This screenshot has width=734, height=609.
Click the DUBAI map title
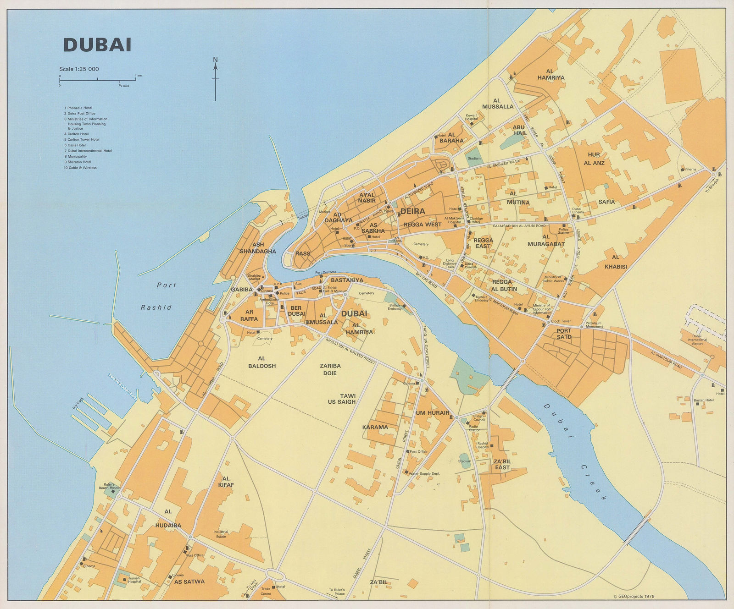pos(97,45)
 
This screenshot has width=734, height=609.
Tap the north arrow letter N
pos(216,60)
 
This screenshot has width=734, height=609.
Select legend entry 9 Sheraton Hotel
pos(78,162)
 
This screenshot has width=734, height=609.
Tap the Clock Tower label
pos(561,321)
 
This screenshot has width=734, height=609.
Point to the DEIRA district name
pos(412,211)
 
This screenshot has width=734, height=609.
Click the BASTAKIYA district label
pos(347,280)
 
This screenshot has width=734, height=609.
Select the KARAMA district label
pos(375,427)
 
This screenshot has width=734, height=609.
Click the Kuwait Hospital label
pos(472,117)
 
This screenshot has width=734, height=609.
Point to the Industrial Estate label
pos(221,534)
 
